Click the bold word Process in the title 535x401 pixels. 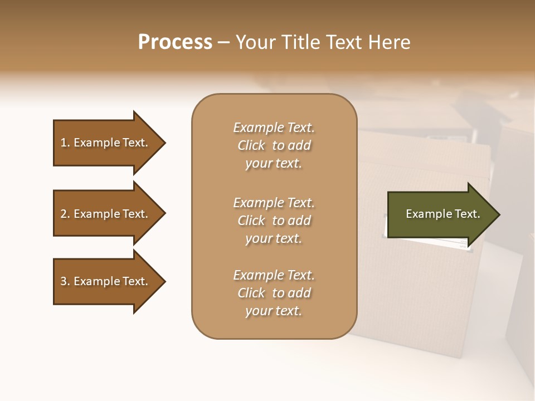(x=175, y=42)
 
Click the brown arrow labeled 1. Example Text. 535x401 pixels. (x=106, y=143)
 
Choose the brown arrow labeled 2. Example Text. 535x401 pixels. (x=106, y=214)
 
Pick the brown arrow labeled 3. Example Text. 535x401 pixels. (x=106, y=281)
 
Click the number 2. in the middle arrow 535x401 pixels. (x=65, y=214)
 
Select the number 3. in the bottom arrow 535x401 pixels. (x=65, y=281)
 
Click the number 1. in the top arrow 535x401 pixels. (x=65, y=143)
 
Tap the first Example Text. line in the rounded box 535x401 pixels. (x=274, y=128)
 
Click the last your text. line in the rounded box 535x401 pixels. (x=274, y=311)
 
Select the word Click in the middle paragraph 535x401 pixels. (x=251, y=221)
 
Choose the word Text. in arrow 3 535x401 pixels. (x=135, y=281)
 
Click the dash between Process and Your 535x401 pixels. (x=223, y=43)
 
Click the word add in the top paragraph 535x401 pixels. (x=300, y=145)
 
